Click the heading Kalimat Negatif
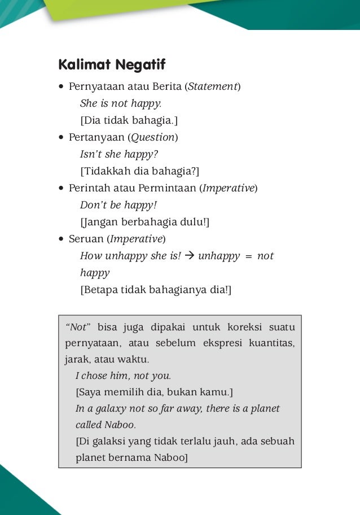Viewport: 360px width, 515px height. [x=112, y=65]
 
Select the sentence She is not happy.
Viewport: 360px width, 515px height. [x=121, y=103]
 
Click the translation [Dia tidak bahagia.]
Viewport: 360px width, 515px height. [x=129, y=120]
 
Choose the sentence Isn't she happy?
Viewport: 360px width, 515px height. [x=119, y=154]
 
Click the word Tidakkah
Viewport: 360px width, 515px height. [x=103, y=171]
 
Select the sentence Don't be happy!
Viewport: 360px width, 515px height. [x=118, y=205]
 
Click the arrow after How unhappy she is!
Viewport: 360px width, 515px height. [x=190, y=256]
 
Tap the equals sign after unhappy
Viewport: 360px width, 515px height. [x=248, y=256]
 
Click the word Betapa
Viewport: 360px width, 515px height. [x=97, y=290]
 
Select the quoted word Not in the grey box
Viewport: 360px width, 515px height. [x=78, y=328]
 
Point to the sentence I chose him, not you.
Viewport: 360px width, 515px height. [x=123, y=376]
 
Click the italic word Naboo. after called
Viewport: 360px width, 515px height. [x=121, y=425]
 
